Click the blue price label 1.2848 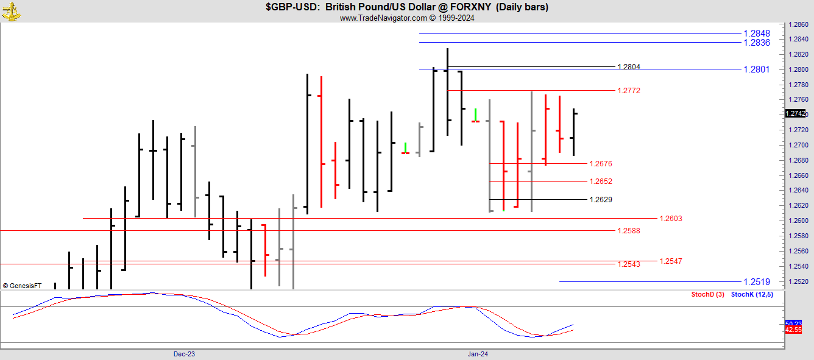[757, 34]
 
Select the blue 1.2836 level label [757, 43]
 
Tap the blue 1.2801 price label [757, 69]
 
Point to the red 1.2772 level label [629, 91]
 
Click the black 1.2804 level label [629, 67]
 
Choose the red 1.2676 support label [601, 164]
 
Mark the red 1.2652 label [601, 182]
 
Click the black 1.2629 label [601, 200]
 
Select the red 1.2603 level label [671, 219]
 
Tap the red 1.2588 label [629, 231]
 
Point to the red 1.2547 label [671, 261]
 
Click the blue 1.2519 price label [757, 282]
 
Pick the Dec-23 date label [184, 354]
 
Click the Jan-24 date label [478, 354]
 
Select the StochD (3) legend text [707, 295]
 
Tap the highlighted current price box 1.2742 [796, 114]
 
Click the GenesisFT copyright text [22, 285]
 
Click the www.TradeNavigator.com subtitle [407, 18]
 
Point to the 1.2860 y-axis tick [798, 25]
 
